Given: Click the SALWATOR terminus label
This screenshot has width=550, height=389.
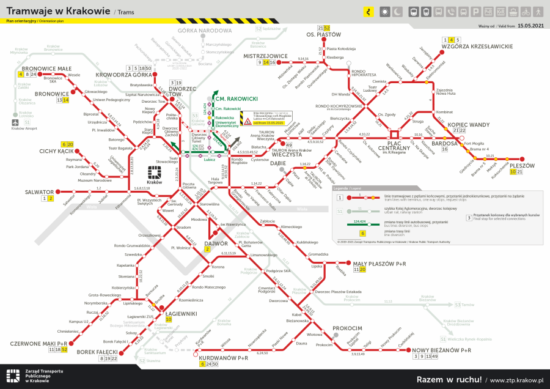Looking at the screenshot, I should click(40, 191).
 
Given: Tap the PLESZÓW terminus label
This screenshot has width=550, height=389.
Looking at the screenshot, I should click(521, 165).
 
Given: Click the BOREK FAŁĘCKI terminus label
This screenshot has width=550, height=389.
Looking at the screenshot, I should click(97, 352).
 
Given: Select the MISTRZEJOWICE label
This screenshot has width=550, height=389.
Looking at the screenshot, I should click(265, 56).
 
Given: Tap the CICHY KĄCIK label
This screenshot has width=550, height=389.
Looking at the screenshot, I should click(57, 150).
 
